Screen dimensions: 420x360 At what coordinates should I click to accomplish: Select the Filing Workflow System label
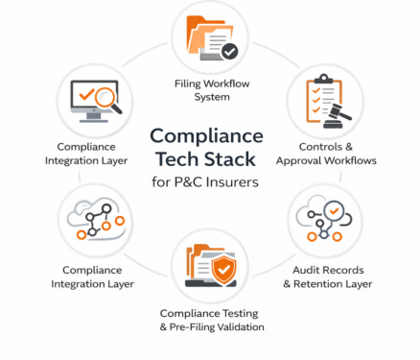tap(211, 88)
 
